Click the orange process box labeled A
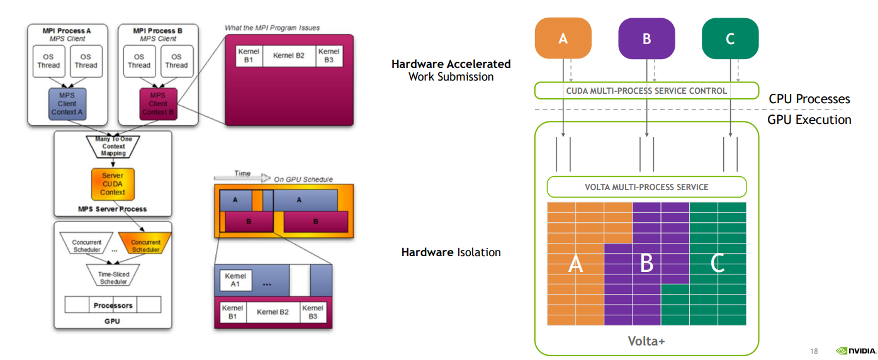click(563, 38)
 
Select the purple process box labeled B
click(646, 38)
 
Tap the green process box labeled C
click(729, 38)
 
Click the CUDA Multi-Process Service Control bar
click(646, 91)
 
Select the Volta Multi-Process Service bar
click(646, 187)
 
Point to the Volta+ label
click(646, 341)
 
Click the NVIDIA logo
click(856, 351)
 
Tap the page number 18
click(814, 351)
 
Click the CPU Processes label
click(809, 99)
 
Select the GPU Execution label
click(809, 120)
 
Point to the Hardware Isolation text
click(451, 252)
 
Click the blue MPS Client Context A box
click(67, 104)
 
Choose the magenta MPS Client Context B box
click(158, 104)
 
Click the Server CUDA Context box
click(113, 183)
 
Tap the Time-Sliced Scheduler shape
click(113, 274)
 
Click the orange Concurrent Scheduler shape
click(145, 246)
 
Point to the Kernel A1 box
click(234, 280)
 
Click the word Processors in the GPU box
click(113, 305)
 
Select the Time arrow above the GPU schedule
click(242, 176)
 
